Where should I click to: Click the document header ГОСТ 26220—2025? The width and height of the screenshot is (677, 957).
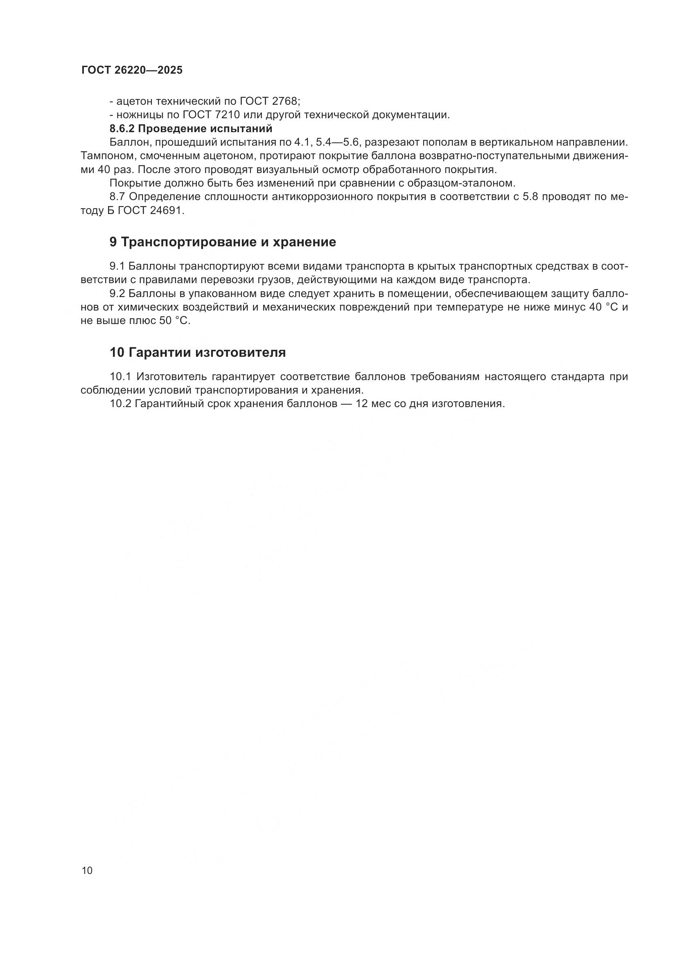point(132,70)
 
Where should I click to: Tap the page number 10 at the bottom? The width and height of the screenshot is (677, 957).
point(87,870)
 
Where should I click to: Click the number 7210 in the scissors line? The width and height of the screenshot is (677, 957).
point(225,115)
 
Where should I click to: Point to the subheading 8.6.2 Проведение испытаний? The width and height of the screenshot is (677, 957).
point(190,128)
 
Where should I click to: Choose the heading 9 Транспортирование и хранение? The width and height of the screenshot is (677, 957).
point(223,242)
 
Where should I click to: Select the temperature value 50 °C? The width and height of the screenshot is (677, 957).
point(174,321)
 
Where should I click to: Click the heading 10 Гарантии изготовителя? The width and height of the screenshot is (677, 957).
point(198,353)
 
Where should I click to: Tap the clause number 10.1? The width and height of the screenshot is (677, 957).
point(120,377)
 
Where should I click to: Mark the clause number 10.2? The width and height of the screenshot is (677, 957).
point(120,404)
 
